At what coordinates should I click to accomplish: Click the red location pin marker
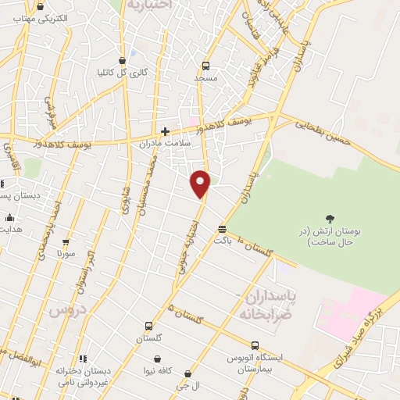(201, 184)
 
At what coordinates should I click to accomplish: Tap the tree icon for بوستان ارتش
(329, 219)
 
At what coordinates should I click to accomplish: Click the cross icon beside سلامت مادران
(165, 131)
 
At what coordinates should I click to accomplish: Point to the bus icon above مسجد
(206, 66)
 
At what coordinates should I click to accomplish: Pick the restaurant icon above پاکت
(223, 229)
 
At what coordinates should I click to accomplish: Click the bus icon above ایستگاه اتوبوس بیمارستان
(255, 345)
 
